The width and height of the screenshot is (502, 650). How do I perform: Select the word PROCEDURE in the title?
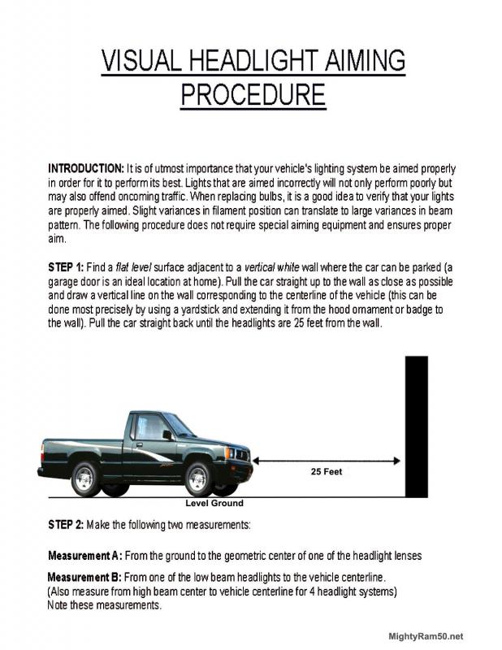coord(253,95)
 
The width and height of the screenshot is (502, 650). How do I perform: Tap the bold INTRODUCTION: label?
coord(85,167)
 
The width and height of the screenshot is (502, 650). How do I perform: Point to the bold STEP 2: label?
coord(66,524)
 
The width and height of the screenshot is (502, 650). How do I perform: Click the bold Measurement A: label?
coord(85,556)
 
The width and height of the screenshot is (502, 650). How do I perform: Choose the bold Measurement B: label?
coord(85,578)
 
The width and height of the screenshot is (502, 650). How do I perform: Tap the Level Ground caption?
coord(214,503)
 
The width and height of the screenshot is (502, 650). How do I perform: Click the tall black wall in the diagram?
coord(416,426)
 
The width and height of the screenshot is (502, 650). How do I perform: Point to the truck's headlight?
coord(238,453)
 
